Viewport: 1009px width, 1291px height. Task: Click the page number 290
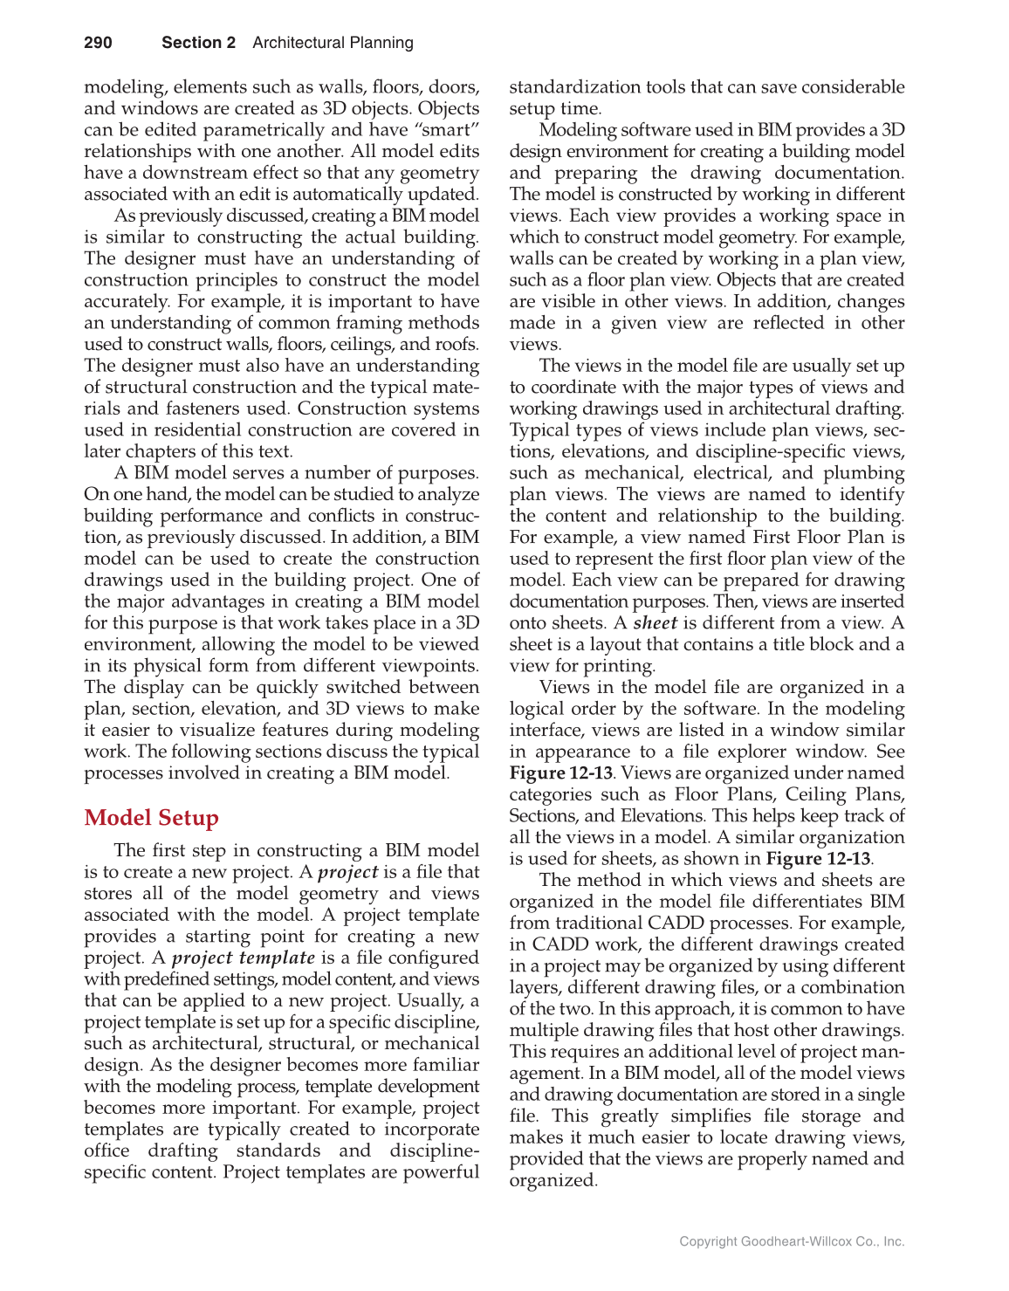coord(98,43)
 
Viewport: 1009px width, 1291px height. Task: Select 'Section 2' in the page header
coord(198,43)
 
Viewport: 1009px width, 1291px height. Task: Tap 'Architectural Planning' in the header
coord(333,43)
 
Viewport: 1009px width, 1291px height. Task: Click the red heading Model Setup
coord(151,818)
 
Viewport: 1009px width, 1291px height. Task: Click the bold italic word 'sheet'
coord(655,623)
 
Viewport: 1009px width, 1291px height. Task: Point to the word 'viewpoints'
coord(427,666)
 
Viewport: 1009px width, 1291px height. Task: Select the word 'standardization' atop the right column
coord(576,87)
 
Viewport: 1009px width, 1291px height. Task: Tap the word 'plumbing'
coord(865,473)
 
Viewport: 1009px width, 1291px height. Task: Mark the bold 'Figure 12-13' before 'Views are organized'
coord(560,773)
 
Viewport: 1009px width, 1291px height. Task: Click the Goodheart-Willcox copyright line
coord(792,1241)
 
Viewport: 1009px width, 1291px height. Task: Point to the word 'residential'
coord(163,430)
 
